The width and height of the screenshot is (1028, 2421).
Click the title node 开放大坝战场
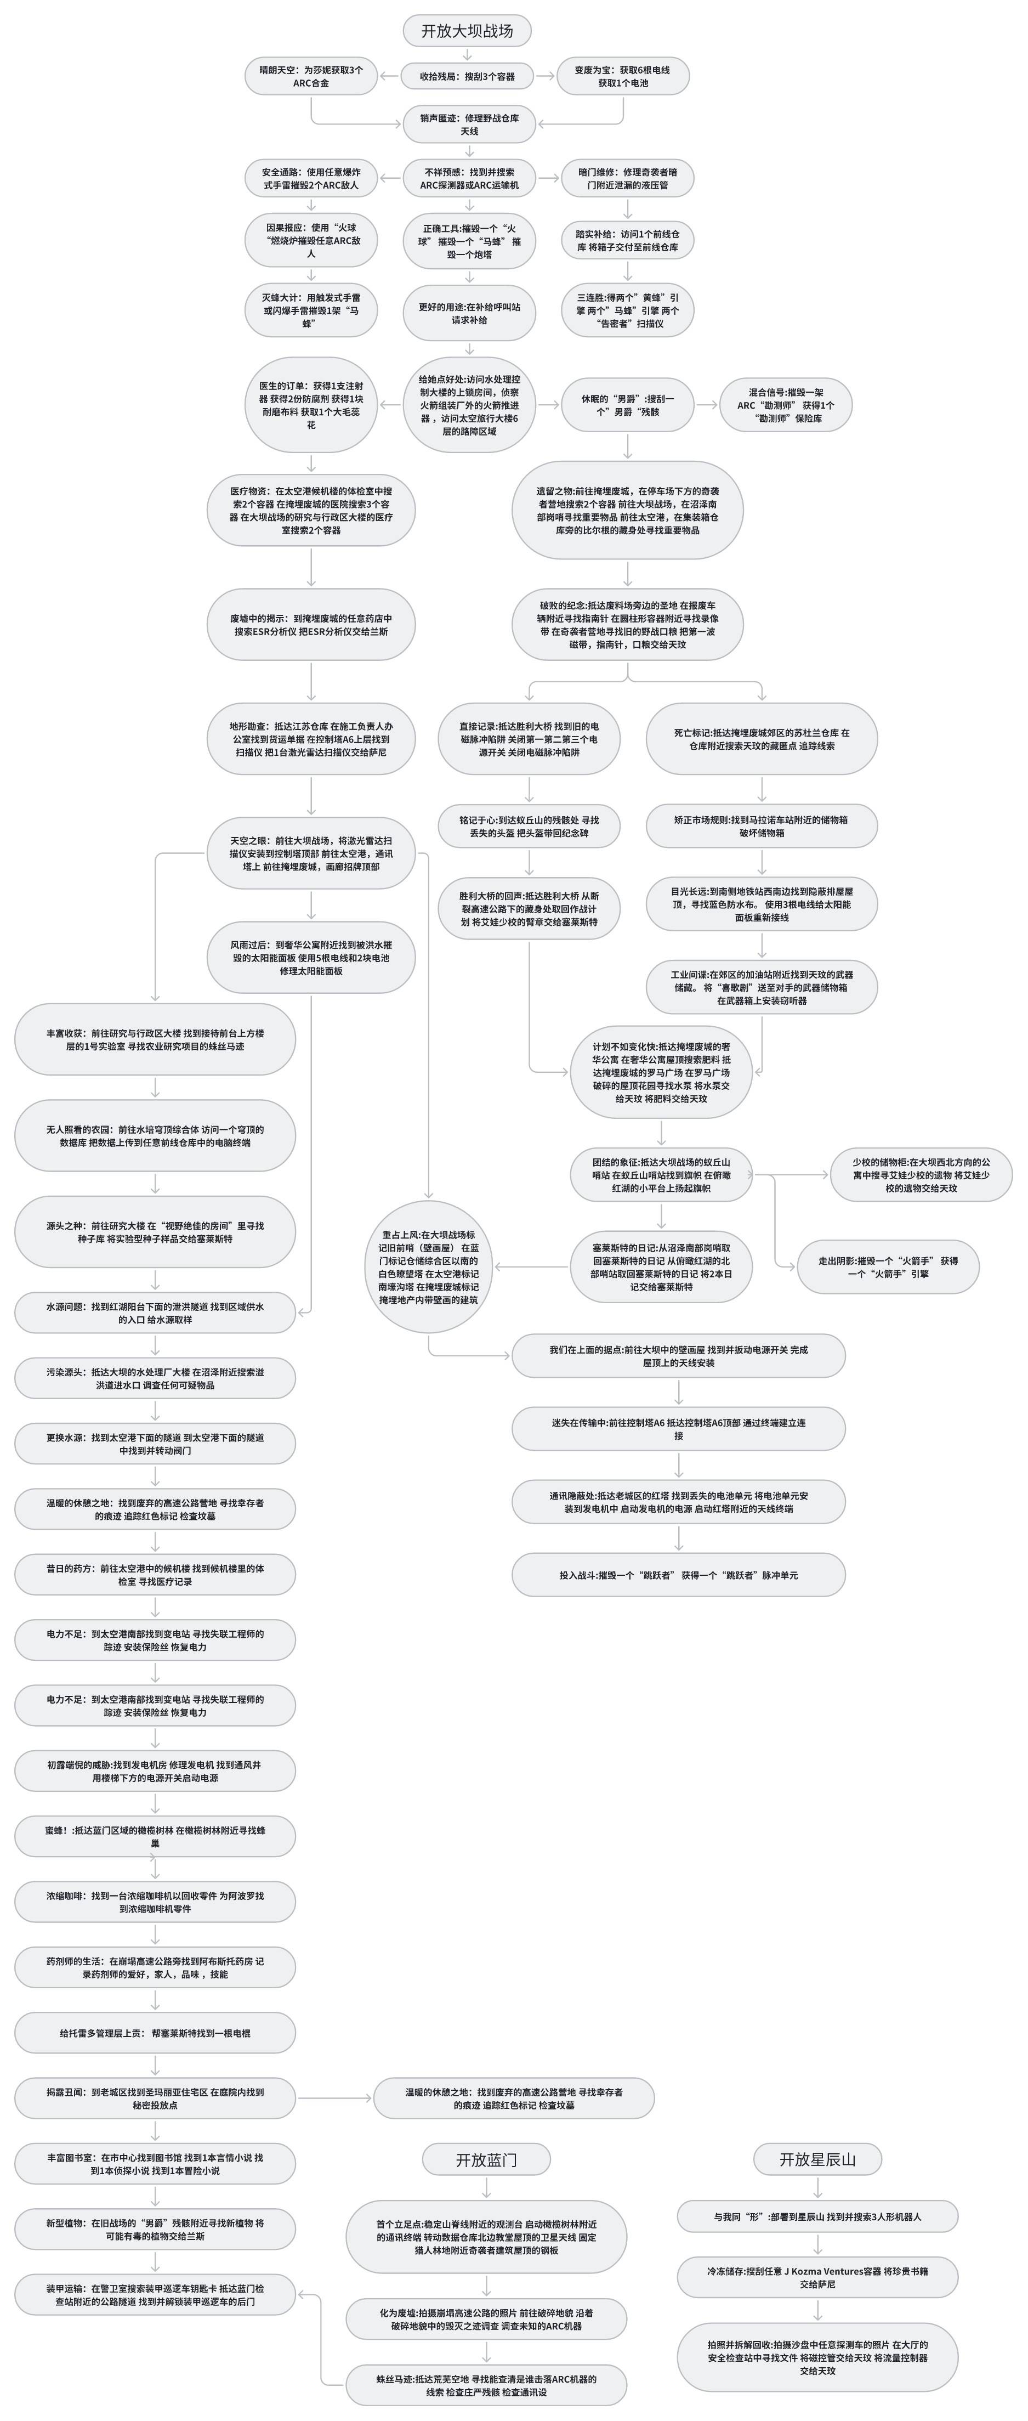467,31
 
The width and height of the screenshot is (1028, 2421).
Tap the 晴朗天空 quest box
310,76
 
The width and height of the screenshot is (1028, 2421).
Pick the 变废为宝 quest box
622,76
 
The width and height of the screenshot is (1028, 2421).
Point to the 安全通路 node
310,179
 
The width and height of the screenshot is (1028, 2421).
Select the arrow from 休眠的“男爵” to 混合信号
707,405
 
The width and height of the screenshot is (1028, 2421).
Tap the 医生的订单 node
310,405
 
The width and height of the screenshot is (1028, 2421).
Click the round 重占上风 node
429,1267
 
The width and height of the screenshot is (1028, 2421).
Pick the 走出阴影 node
887,1267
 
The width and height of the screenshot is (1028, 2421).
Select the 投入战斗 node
678,1574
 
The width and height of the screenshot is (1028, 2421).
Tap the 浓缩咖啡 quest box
155,1902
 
